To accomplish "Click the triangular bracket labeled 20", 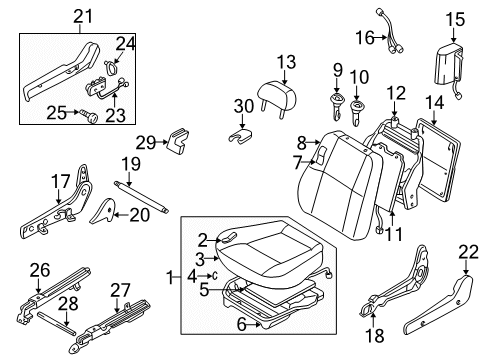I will [x=103, y=207].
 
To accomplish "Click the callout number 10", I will [x=358, y=77].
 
